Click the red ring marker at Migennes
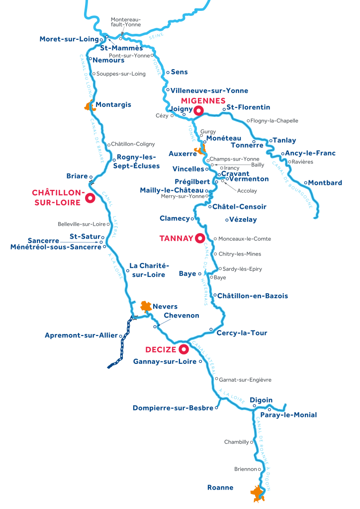click(198, 110)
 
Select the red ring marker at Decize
click(184, 348)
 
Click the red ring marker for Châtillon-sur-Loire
click(90, 198)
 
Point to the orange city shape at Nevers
click(145, 307)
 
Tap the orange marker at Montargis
click(89, 105)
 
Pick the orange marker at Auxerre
click(200, 150)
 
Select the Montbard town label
click(325, 183)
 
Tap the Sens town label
click(179, 72)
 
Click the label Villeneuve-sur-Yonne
click(209, 91)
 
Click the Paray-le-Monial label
click(288, 415)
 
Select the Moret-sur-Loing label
click(69, 39)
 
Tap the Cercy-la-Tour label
click(242, 333)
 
